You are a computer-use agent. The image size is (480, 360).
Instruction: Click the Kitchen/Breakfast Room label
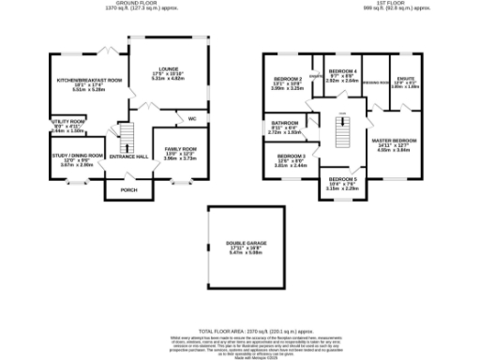point(89,81)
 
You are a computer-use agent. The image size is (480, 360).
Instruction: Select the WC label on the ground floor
point(191,120)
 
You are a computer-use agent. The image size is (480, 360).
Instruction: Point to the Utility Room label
point(68,122)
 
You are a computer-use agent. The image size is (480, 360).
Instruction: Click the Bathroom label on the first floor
point(284,123)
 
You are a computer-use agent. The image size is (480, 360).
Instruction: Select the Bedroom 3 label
point(291,156)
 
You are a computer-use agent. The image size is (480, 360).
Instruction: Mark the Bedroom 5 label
point(344,181)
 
